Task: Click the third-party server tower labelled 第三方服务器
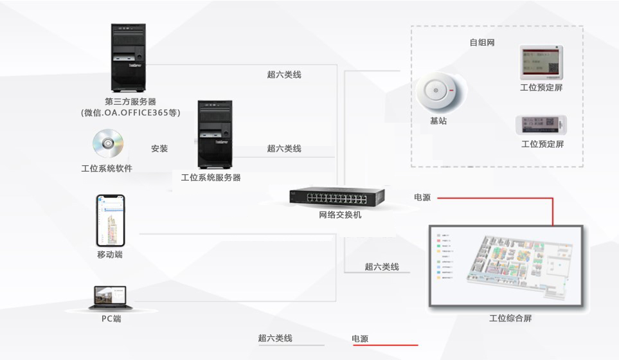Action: (x=129, y=59)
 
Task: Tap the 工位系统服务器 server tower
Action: (x=215, y=134)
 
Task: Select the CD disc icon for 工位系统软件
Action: (x=107, y=144)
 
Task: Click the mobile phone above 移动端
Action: (x=110, y=220)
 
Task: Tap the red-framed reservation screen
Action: (x=541, y=62)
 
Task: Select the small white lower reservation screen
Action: (x=541, y=124)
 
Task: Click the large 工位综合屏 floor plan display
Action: (x=505, y=269)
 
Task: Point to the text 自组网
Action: (x=481, y=42)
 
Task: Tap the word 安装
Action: (x=159, y=148)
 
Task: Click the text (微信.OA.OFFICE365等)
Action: (x=130, y=113)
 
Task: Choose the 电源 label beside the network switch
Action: (x=422, y=197)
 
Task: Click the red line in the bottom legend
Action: (x=386, y=345)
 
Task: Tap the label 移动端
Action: (x=110, y=255)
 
